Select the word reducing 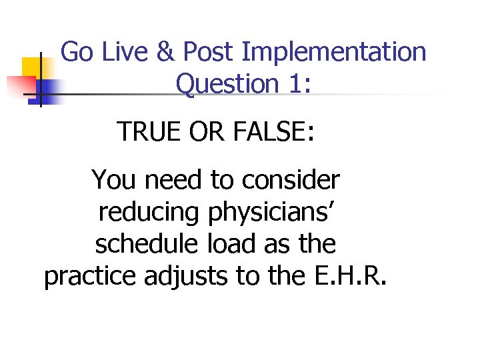click(150, 212)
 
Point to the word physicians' click(272, 212)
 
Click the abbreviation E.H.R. click(349, 276)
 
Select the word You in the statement click(113, 179)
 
